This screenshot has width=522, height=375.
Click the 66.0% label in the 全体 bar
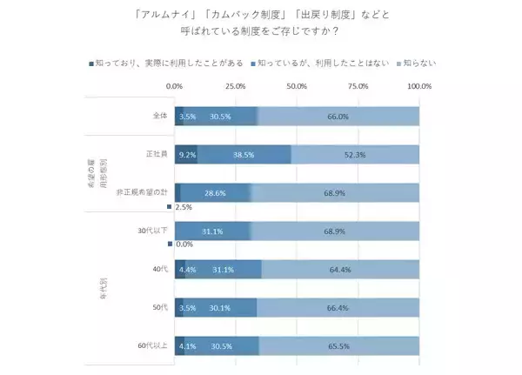337,117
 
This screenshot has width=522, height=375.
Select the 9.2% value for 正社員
186,154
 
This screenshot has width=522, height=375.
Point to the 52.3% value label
355,154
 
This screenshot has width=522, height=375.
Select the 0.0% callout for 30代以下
184,244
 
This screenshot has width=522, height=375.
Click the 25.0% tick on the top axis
235,86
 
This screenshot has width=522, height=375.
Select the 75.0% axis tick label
358,86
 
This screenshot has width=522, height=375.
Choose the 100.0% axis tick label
418,86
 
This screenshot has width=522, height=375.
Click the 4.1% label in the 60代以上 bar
186,345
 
